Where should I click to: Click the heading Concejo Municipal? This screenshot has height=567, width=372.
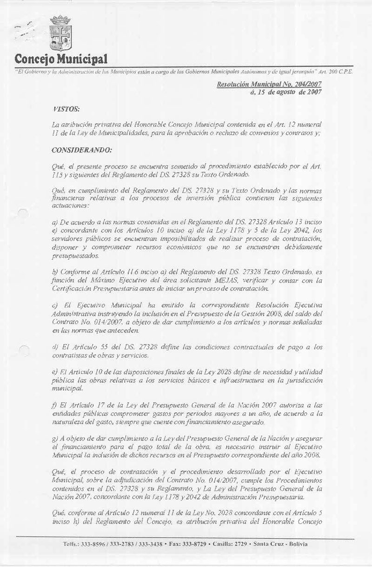click(x=61, y=59)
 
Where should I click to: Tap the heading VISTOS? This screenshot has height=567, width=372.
click(x=66, y=109)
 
